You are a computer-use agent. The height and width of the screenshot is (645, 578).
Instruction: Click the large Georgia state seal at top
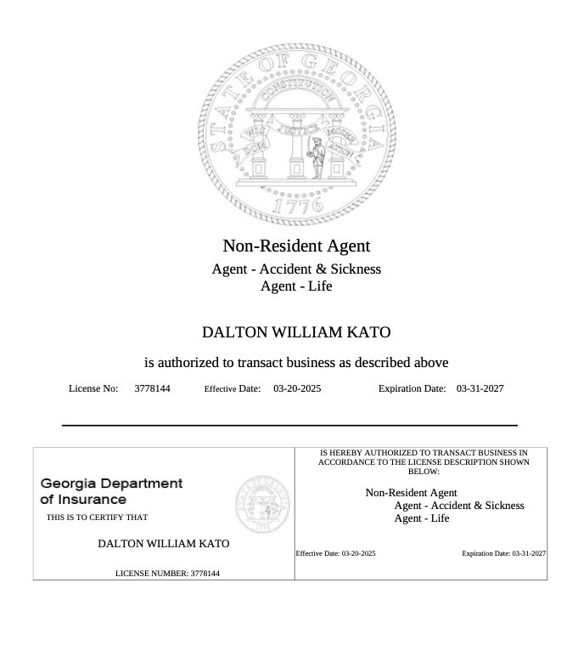(296, 133)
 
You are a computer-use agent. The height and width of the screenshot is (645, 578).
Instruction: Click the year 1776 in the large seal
(296, 204)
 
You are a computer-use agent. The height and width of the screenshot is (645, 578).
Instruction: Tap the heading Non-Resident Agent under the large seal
(296, 246)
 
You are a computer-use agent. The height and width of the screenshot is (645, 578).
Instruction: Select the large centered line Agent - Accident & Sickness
(296, 269)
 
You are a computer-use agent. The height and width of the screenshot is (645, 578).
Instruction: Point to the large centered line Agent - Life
(296, 286)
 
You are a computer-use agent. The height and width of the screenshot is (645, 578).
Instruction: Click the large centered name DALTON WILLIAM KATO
(296, 332)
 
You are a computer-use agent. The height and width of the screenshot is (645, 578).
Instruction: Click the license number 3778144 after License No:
(152, 388)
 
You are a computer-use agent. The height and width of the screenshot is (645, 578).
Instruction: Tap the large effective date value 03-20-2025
(297, 388)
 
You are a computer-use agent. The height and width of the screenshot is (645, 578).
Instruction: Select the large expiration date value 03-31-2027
(480, 388)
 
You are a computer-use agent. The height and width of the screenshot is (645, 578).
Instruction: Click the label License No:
(93, 388)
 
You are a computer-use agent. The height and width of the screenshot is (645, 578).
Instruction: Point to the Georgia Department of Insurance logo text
(111, 491)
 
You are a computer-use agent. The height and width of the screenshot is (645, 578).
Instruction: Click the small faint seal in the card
(261, 505)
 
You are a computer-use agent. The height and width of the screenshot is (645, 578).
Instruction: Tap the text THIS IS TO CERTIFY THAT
(97, 518)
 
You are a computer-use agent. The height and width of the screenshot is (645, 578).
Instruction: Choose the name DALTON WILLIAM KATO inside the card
(163, 543)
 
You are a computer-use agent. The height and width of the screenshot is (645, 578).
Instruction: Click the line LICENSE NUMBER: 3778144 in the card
(167, 574)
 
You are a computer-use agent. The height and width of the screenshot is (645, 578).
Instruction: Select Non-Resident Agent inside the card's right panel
(411, 493)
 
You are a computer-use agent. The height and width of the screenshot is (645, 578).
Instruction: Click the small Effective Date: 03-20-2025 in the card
(335, 553)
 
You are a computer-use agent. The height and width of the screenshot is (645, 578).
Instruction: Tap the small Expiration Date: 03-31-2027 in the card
(503, 553)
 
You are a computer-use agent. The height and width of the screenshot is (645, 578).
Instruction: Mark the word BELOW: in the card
(424, 472)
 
